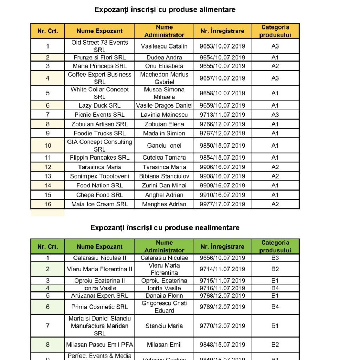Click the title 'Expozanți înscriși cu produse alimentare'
[165, 10]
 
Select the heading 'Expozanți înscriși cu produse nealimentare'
[165, 227]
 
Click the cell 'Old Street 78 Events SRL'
[99, 46]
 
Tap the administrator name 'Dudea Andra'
[164, 57]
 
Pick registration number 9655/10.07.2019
[222, 66]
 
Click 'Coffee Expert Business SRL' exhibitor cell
[99, 78]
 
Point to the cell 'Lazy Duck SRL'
[99, 105]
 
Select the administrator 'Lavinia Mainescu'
[164, 115]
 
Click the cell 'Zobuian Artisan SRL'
[99, 124]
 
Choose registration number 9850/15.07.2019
[222, 146]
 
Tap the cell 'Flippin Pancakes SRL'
[99, 157]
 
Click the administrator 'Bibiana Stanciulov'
[164, 176]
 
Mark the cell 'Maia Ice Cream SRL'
[99, 204]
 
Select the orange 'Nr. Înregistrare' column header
[222, 31]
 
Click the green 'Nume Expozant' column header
[99, 246]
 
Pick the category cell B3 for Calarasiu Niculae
[275, 258]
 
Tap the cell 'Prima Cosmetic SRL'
[99, 307]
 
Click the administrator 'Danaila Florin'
[164, 296]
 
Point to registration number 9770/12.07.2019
[222, 326]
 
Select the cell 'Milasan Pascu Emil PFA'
[99, 345]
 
